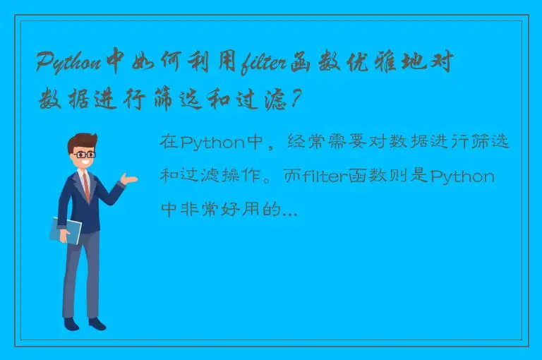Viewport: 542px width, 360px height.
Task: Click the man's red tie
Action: click(86, 185)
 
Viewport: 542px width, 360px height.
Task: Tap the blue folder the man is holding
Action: click(65, 230)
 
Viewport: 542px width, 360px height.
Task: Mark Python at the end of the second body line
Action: click(462, 176)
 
